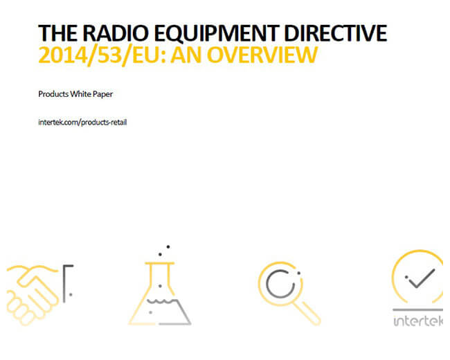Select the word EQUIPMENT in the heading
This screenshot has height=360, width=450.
click(x=217, y=34)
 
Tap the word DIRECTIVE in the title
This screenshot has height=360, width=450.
click(x=336, y=33)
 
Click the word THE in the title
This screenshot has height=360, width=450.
click(x=58, y=33)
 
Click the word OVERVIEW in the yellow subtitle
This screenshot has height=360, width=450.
click(x=262, y=55)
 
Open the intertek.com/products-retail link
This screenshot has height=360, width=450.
click(x=82, y=123)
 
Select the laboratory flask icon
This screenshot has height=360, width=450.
click(x=159, y=293)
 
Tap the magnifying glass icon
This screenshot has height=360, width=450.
click(x=289, y=293)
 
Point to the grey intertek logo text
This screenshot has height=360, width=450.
click(x=418, y=321)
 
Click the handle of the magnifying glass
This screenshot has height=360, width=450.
click(x=307, y=312)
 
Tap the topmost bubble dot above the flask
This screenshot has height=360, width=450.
click(x=168, y=246)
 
